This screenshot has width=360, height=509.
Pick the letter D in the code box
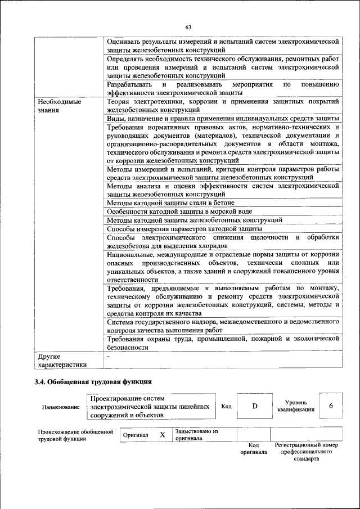pyautogui.click(x=254, y=407)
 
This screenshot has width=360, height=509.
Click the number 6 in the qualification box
pyautogui.click(x=331, y=406)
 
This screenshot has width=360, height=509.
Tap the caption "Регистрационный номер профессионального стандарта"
pyautogui.click(x=306, y=452)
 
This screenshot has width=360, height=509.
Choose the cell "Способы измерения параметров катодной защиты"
pyautogui.click(x=184, y=229)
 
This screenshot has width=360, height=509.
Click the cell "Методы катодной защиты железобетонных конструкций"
pyautogui.click(x=194, y=220)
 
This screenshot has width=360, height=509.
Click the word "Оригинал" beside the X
pyautogui.click(x=136, y=435)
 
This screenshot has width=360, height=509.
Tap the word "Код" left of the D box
pyautogui.click(x=226, y=407)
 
